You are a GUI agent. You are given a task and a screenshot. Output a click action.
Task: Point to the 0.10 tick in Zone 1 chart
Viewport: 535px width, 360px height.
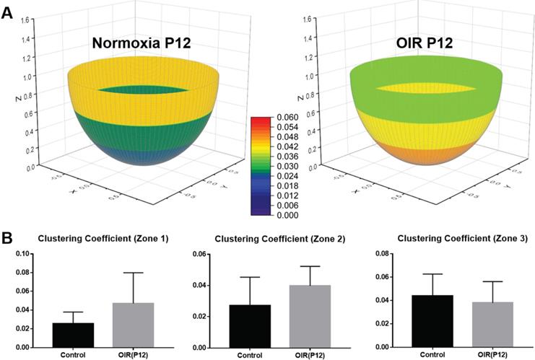22,254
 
